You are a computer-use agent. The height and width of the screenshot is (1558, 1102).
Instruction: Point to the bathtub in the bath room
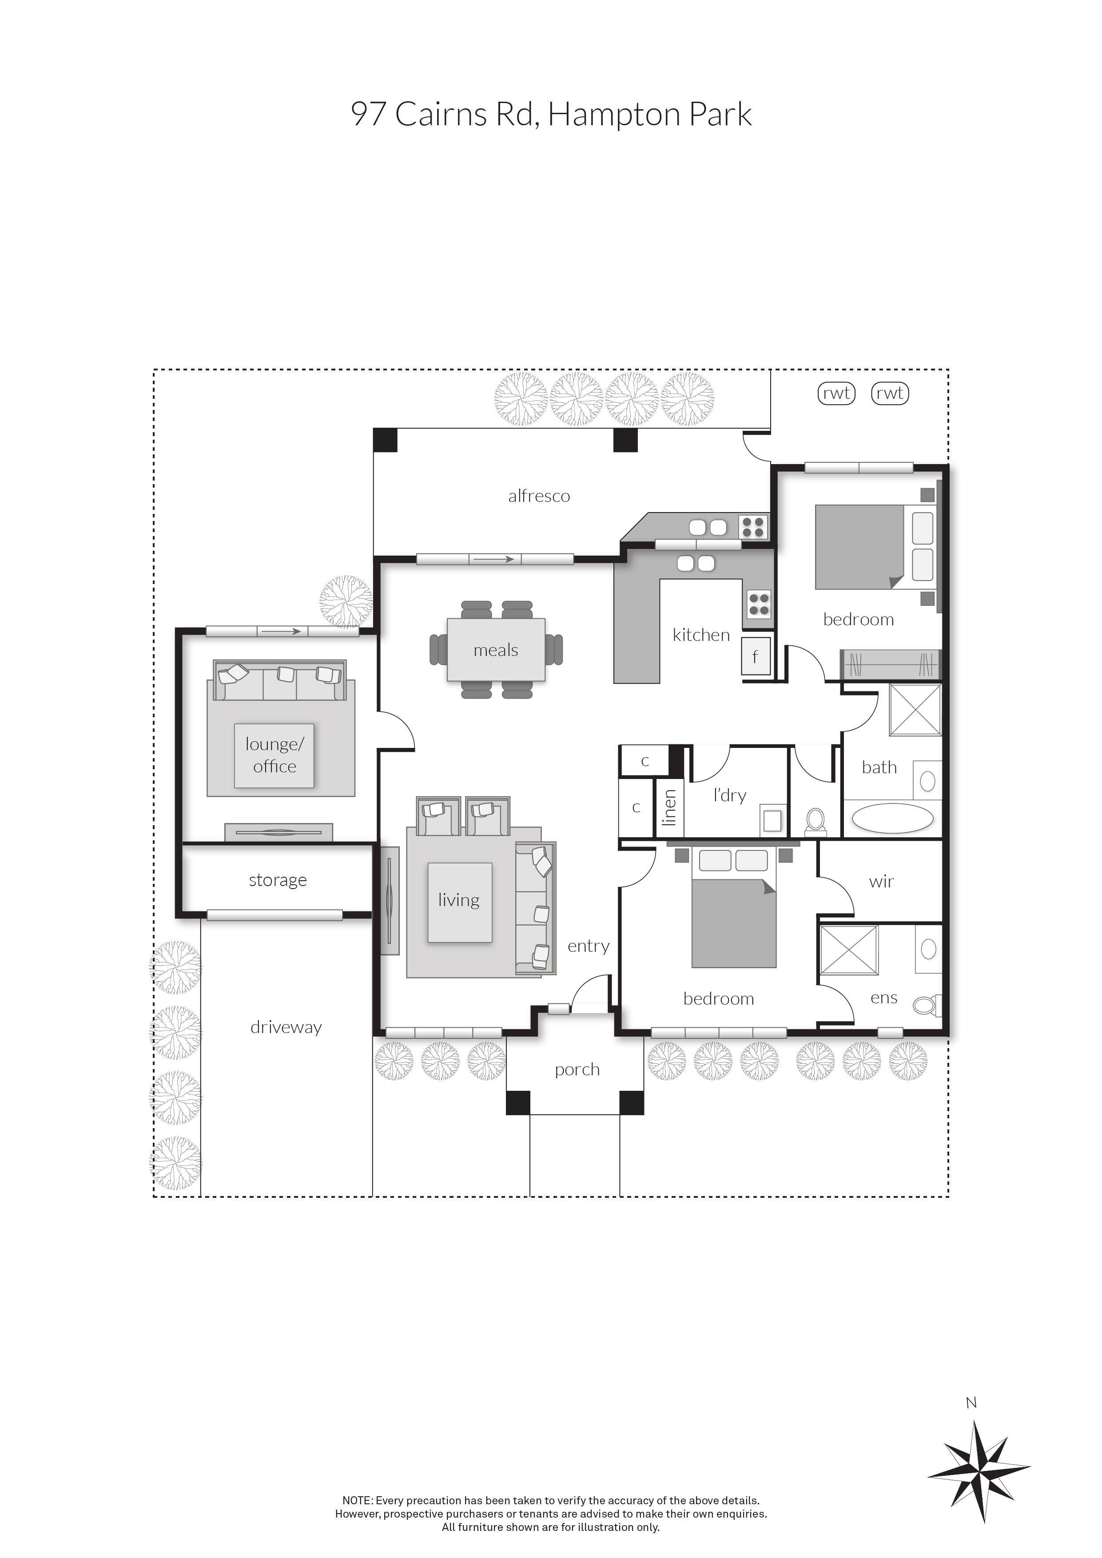[892, 819]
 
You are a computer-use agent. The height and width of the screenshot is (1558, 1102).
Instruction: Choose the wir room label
[881, 882]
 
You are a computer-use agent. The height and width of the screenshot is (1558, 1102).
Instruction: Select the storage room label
[278, 880]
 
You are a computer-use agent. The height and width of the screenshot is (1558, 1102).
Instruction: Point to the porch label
[577, 1069]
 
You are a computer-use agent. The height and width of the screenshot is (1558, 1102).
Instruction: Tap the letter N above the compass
[971, 1403]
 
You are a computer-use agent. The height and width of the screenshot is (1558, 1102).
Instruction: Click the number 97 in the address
[369, 114]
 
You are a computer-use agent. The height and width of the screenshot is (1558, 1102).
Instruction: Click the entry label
[589, 946]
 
